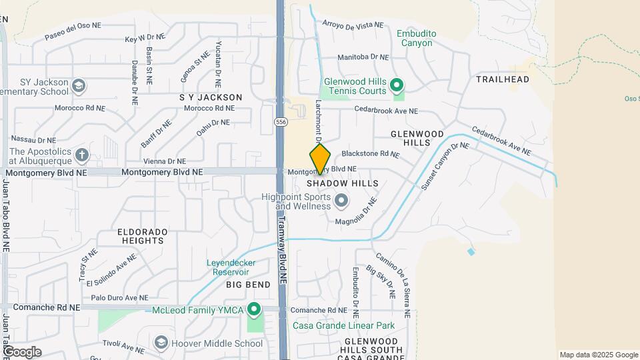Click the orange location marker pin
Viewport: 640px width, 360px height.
320,159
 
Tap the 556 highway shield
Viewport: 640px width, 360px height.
281,122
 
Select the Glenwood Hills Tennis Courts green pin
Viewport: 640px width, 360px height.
397,85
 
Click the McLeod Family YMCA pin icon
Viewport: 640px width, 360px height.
254,309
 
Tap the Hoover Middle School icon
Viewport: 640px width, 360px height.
161,343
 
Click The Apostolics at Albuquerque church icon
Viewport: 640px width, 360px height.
81,155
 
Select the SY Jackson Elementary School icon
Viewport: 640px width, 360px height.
79,86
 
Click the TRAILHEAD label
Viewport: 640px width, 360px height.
503,79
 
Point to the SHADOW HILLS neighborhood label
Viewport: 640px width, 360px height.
343,183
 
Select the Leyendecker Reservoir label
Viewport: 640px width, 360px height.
231,267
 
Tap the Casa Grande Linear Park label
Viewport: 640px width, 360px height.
344,326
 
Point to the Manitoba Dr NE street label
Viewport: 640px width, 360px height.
363,58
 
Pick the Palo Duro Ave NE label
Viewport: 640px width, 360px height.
120,297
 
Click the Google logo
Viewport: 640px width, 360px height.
21,351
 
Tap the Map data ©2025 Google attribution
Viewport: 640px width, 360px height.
598,355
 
